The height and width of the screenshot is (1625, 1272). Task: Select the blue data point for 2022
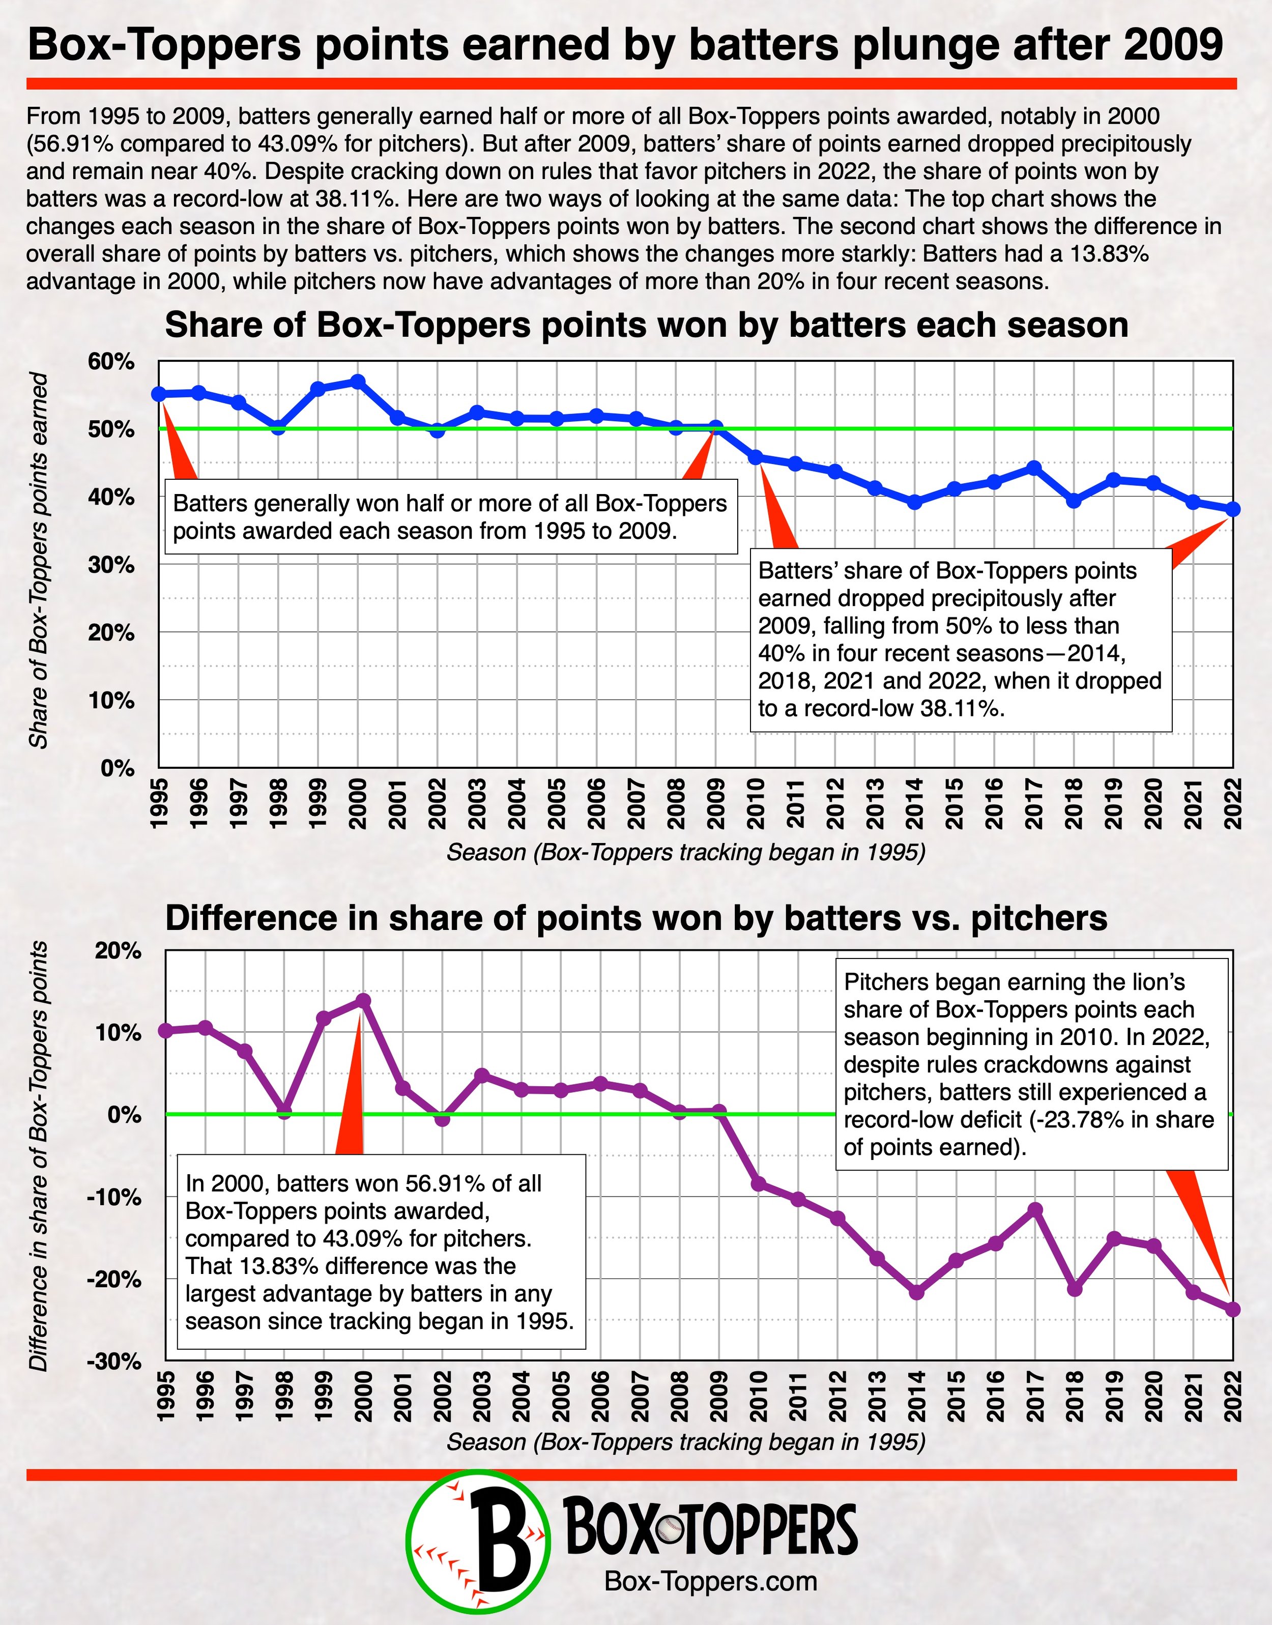pos(1232,509)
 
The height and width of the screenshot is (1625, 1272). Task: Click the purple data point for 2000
pos(363,1000)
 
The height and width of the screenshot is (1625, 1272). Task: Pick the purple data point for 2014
pos(917,1293)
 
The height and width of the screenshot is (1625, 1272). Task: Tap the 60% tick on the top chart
pos(112,362)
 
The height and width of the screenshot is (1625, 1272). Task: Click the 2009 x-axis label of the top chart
pos(716,803)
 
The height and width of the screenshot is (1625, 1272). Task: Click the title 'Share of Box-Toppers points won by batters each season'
pos(646,326)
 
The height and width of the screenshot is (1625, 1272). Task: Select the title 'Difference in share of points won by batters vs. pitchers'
pos(636,918)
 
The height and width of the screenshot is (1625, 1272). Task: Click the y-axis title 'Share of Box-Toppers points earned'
pos(39,561)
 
